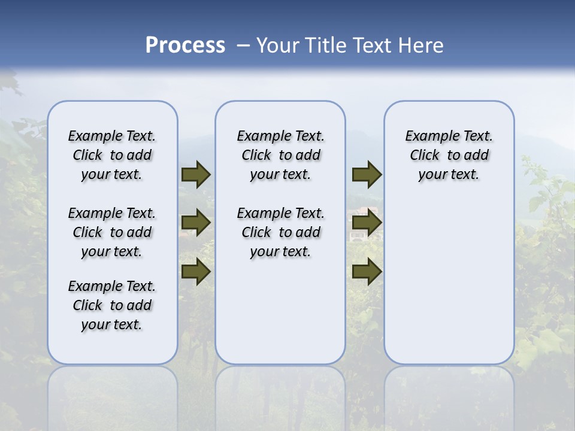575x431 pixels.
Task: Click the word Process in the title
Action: point(185,45)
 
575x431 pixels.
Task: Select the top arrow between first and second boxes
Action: point(196,175)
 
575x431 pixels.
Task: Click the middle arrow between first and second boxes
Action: point(196,223)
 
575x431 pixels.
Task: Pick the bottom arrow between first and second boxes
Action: point(196,271)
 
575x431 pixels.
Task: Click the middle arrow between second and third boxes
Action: point(367,223)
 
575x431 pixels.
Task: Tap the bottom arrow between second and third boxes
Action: point(367,271)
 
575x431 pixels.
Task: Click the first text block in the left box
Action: point(112,155)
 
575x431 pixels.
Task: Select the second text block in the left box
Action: point(112,232)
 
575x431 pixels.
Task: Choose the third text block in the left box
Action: point(112,305)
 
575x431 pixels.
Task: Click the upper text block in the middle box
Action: point(280,155)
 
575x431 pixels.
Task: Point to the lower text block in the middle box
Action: point(280,232)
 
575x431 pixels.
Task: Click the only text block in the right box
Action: point(449,155)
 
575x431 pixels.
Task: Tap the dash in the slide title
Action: point(243,45)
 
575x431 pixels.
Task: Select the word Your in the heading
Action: point(278,45)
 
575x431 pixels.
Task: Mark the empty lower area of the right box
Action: point(449,275)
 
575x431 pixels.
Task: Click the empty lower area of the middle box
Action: point(280,311)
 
